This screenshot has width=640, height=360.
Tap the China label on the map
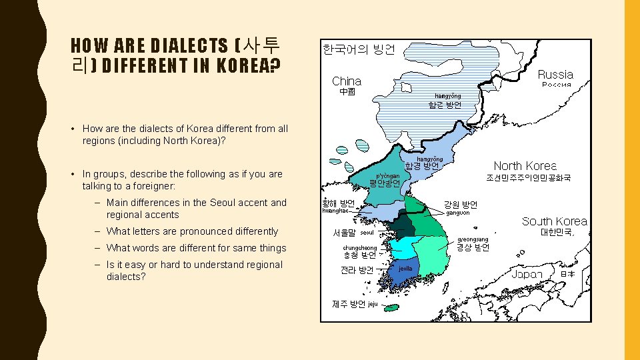pos(347,81)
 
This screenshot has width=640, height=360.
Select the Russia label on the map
pos(555,75)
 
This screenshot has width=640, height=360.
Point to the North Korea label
pos(525,166)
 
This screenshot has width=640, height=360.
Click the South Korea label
pos(555,221)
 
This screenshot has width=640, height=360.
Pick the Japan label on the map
pos(527,274)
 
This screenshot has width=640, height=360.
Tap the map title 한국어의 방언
pos(359,49)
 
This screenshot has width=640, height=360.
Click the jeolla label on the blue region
pos(405,268)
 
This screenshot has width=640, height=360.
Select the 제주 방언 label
pos(349,304)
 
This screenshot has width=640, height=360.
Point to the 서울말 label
pos(345,233)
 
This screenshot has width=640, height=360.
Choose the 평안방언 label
pos(385,183)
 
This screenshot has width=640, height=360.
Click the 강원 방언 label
pos(461,205)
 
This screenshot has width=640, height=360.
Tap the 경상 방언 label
pos(473,247)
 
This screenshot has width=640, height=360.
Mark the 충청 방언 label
pos(359,255)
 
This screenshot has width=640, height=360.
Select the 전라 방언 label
pos(357,271)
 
